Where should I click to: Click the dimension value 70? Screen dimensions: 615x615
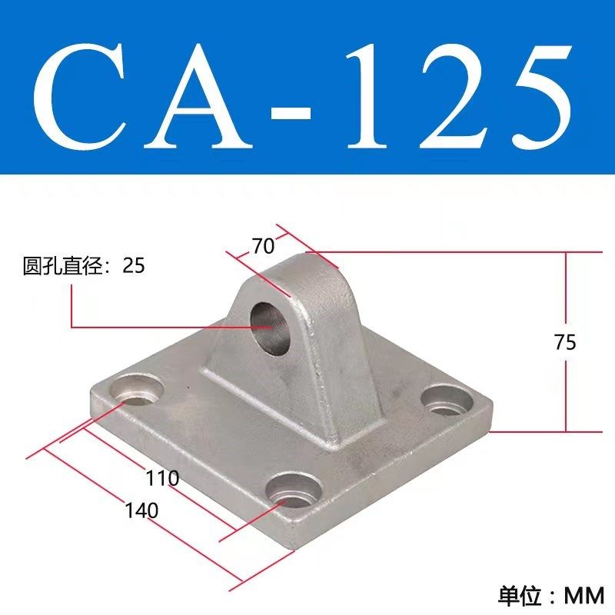click(262, 247)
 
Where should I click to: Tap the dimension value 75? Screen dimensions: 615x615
click(564, 343)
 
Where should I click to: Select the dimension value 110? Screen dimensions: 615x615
click(163, 479)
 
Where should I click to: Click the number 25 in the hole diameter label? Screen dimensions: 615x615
click(133, 266)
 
